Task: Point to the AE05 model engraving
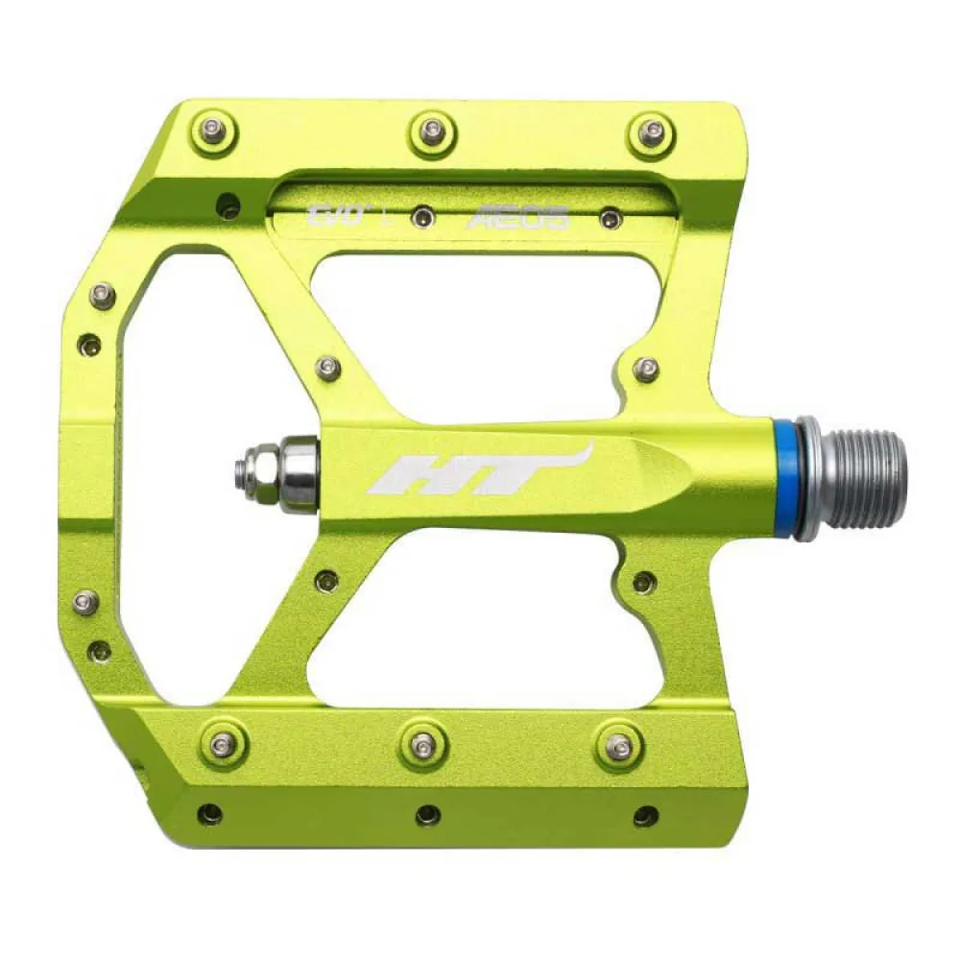[517, 219]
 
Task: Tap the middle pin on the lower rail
[423, 743]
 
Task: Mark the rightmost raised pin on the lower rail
[620, 745]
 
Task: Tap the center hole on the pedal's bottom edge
[428, 815]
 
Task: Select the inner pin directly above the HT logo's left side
[328, 367]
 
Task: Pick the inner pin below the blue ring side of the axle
[644, 581]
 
